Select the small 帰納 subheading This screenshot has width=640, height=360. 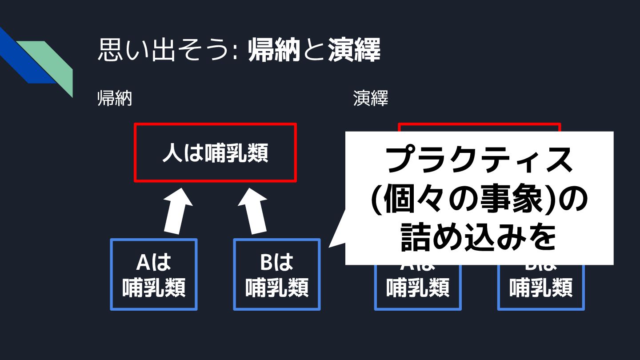coord(115,99)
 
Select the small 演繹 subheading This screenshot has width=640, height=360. coord(371,99)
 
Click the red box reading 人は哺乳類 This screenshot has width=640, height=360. coord(215,153)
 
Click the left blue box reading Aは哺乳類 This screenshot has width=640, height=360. coord(153,275)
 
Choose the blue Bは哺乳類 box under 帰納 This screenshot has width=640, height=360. coord(276,275)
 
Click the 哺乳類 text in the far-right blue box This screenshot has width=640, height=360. coord(541,287)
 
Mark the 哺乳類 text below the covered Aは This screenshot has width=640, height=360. coord(418,287)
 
